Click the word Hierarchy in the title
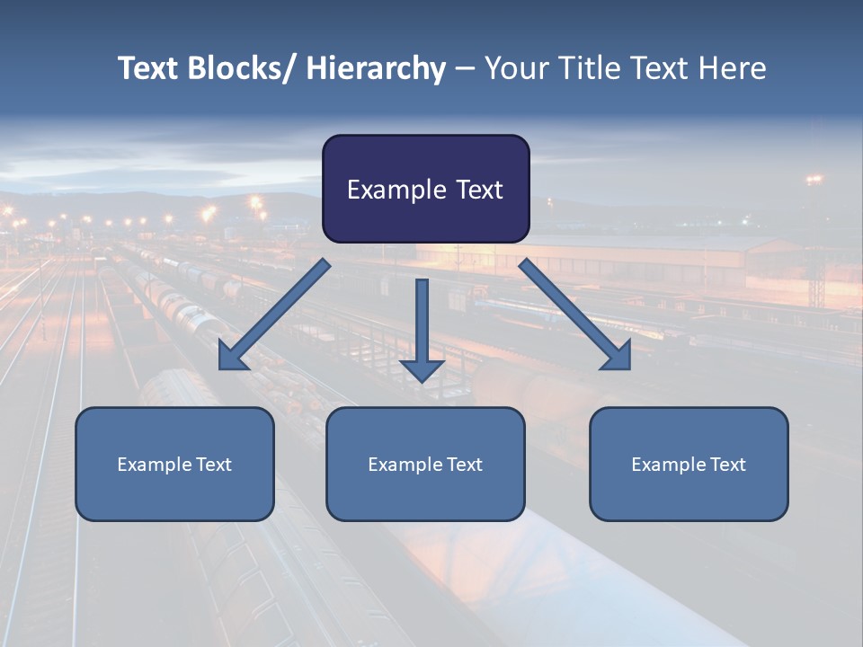(376, 68)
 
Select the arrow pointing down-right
(575, 315)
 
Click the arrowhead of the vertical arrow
(422, 368)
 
